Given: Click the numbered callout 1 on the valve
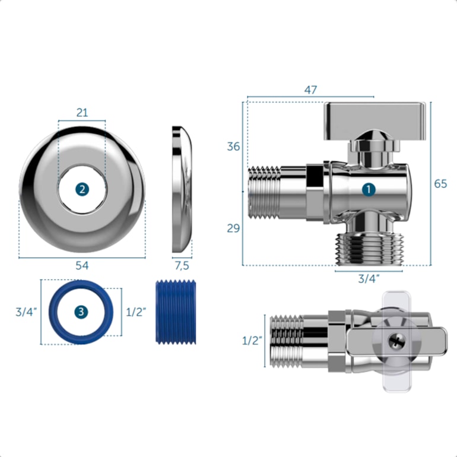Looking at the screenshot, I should point(369,189).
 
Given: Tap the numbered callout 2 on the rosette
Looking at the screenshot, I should point(82,189).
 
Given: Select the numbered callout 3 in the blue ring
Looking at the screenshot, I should point(81,312).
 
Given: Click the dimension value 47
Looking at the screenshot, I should point(310,90).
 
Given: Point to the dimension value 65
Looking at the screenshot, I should point(440,184).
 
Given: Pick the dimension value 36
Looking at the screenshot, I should point(234,146).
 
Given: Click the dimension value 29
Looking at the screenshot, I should point(234,228).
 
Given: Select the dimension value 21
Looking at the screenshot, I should point(82,113).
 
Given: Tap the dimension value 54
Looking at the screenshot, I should point(82,267).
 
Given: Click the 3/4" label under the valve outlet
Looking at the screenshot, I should point(369,278).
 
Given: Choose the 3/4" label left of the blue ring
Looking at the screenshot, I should point(26,312).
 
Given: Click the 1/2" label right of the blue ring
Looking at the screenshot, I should point(137,312).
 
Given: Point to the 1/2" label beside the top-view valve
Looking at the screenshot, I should point(252,341).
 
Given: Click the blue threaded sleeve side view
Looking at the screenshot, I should point(175,312).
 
